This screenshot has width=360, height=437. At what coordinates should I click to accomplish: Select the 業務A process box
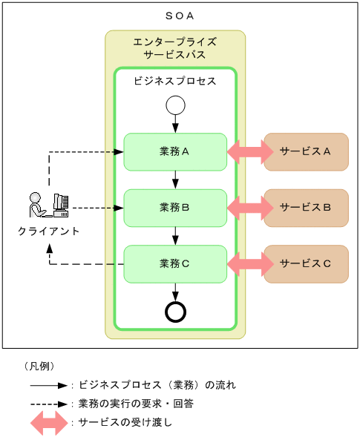pos(175,151)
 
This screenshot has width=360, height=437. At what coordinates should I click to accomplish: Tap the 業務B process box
pos(175,208)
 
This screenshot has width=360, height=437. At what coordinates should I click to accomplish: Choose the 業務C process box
pos(175,263)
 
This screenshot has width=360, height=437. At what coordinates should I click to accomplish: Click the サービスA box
pos(306,151)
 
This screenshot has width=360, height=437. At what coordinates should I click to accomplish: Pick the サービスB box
pos(306,208)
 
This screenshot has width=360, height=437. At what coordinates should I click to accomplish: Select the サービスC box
pos(306,263)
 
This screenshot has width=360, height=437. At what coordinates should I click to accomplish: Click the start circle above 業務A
pos(175,105)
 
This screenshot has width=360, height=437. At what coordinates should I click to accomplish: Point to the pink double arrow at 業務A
pos(250,151)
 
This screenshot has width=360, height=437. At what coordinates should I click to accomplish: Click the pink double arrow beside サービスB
pos(250,208)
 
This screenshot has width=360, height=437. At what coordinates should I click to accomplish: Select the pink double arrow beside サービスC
pos(250,263)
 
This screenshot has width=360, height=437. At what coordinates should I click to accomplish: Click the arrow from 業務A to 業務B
pos(175,180)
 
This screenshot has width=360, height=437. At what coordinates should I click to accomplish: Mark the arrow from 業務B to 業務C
pos(175,236)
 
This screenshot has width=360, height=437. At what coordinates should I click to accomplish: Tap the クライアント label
pos(49,231)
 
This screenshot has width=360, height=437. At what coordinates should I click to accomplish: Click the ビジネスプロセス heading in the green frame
pos(175,81)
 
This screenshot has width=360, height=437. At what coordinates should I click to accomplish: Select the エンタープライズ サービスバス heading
pos(175,48)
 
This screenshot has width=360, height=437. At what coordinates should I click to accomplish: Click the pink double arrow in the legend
pos(49,423)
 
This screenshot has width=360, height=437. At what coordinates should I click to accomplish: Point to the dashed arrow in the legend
pos(49,404)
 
